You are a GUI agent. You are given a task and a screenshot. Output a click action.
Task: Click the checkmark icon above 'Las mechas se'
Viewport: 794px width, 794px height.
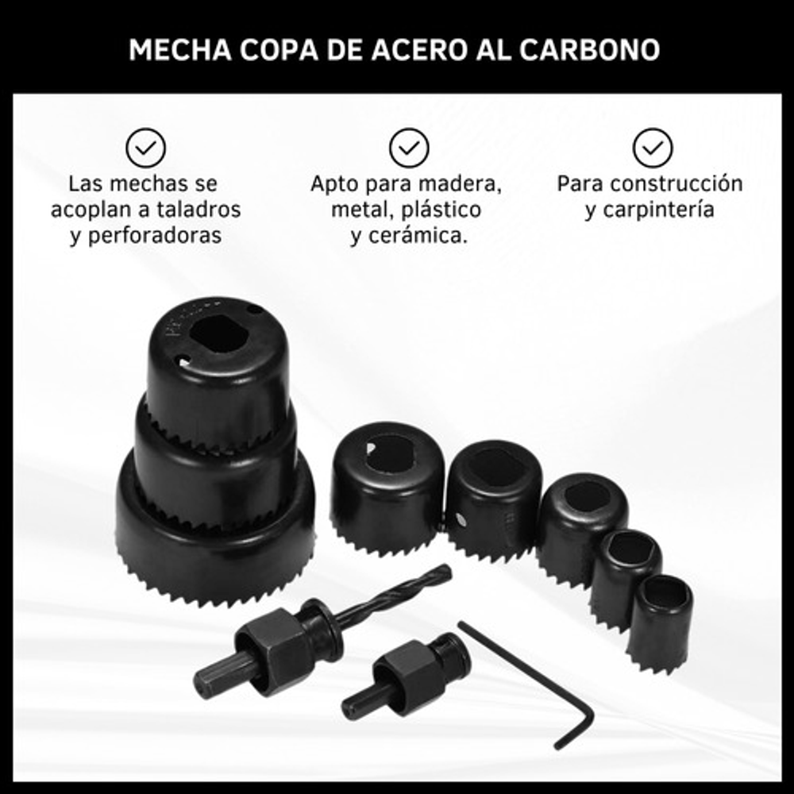point(146,148)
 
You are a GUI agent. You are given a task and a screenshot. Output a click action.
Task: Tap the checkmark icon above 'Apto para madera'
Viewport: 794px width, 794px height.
point(409,148)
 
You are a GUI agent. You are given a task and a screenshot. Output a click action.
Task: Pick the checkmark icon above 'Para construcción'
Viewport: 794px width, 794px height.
point(653,148)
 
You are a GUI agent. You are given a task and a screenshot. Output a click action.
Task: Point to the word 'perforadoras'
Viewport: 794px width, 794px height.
point(155,236)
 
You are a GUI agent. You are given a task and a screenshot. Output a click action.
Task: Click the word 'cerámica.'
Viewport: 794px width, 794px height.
point(418,236)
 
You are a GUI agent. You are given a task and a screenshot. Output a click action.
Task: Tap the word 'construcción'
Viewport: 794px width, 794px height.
point(676,184)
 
